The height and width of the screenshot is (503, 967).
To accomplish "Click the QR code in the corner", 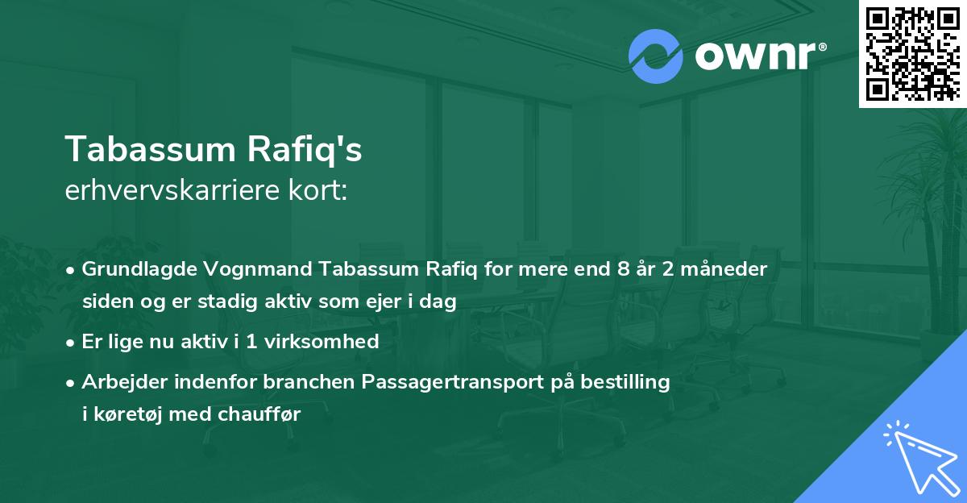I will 912,53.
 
